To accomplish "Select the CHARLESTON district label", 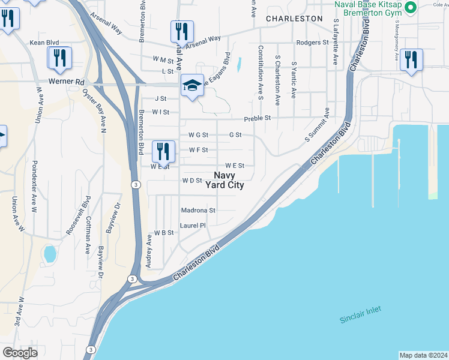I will point(294,19).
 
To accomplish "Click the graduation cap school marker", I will point(192,86).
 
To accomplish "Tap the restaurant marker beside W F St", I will point(163,152).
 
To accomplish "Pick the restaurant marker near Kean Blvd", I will point(59,59).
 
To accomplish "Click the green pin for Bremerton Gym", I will point(411,8).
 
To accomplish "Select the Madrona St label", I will point(198,211).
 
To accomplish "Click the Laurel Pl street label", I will point(193,226).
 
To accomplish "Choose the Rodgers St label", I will point(313,43).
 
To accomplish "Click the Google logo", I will point(20,352).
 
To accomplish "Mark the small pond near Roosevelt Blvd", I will point(50,253).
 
